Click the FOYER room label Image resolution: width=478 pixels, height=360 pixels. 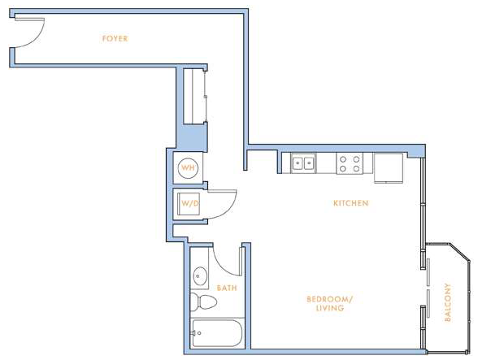coord(115,38)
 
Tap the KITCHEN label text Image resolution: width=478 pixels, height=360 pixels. coord(351,203)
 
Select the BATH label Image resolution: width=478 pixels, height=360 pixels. coord(227,288)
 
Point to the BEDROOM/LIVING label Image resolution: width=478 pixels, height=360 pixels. coord(330,303)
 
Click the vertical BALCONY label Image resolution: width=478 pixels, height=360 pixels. coord(447,302)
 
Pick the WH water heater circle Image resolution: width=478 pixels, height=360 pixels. coord(188,167)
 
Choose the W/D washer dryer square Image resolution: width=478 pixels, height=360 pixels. coord(189,204)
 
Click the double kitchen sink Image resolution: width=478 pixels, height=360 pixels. coord(303,163)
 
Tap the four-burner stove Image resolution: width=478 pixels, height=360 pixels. coord(350,163)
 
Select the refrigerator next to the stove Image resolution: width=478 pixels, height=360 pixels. coord(389,168)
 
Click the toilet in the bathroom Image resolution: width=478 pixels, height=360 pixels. coord(203,302)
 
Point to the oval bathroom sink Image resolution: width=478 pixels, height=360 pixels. coord(200,276)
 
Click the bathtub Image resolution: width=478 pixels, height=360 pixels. coord(217,333)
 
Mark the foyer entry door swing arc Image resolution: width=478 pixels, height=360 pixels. coord(39,38)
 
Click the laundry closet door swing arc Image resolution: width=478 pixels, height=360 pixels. coord(230,209)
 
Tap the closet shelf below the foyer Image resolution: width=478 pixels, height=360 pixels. coord(193,95)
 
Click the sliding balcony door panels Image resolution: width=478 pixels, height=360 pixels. coord(428,288)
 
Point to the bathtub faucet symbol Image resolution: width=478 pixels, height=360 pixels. coord(196,333)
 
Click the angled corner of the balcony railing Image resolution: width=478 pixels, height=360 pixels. coord(460,252)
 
